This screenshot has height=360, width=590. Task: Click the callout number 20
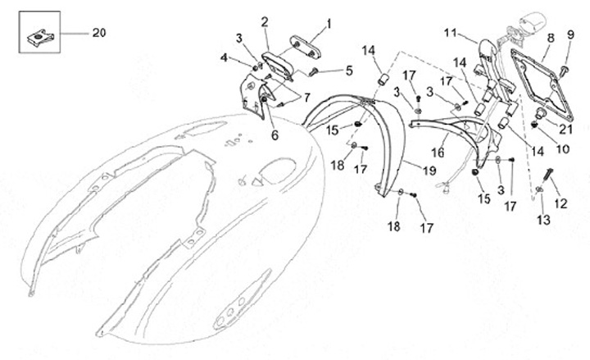coord(98,33)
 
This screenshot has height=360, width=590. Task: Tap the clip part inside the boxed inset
coord(38,34)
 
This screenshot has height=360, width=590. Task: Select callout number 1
coord(329,24)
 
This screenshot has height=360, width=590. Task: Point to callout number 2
coord(265,21)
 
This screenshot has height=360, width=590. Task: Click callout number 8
coord(551,38)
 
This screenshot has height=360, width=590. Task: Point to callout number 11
coord(450,33)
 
